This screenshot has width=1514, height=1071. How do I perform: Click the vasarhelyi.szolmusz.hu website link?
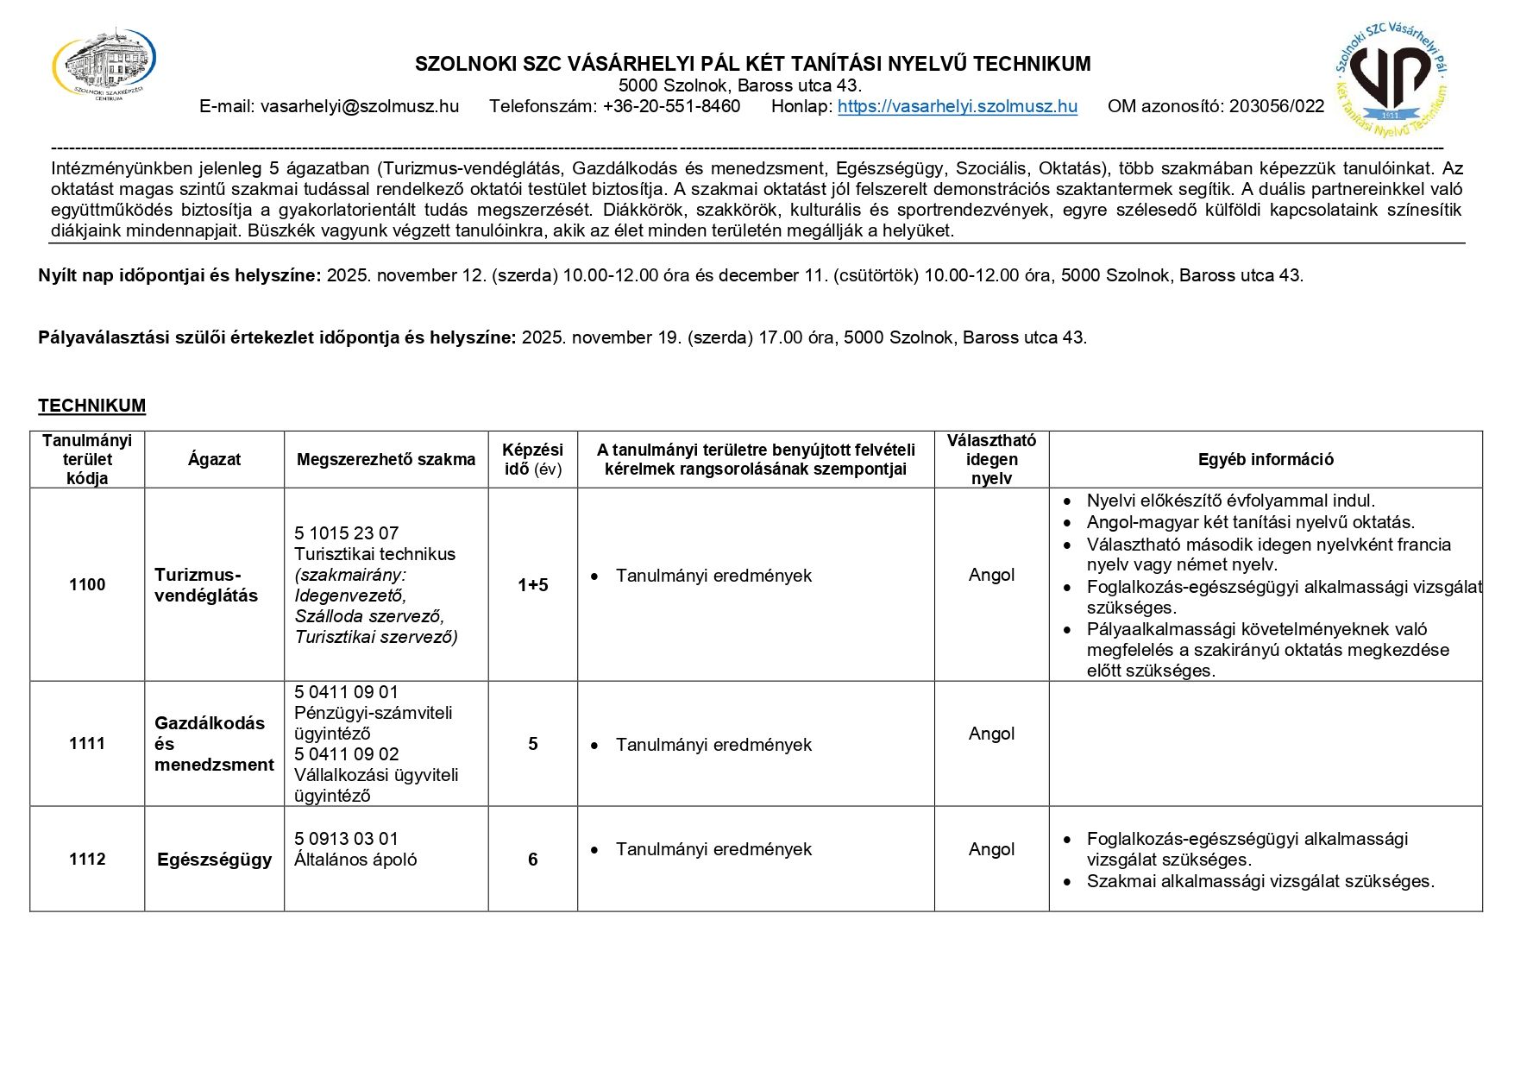click(x=957, y=107)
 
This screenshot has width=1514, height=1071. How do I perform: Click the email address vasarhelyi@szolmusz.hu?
click(x=359, y=107)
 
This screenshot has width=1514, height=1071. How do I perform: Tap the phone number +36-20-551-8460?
click(x=671, y=107)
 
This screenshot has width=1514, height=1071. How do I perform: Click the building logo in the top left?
click(x=104, y=65)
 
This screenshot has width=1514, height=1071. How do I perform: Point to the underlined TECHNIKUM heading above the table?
click(x=91, y=406)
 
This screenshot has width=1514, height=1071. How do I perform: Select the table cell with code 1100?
click(x=87, y=585)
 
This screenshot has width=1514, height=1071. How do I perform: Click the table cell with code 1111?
click(x=87, y=744)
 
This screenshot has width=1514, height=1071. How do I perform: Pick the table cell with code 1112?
click(x=87, y=860)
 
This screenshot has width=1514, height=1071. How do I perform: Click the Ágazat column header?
click(x=214, y=460)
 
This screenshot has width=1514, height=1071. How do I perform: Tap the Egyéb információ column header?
click(x=1265, y=460)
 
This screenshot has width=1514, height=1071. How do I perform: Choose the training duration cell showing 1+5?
click(x=532, y=585)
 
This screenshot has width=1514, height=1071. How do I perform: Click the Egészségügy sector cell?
click(x=214, y=860)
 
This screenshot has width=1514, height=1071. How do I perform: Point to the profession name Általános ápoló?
click(x=355, y=860)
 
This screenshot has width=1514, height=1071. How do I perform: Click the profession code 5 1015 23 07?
click(x=346, y=533)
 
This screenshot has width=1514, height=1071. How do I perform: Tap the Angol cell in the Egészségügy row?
click(x=991, y=849)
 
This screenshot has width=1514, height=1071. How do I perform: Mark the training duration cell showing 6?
click(x=532, y=860)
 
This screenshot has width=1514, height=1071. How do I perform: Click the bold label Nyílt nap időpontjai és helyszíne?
click(x=179, y=276)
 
